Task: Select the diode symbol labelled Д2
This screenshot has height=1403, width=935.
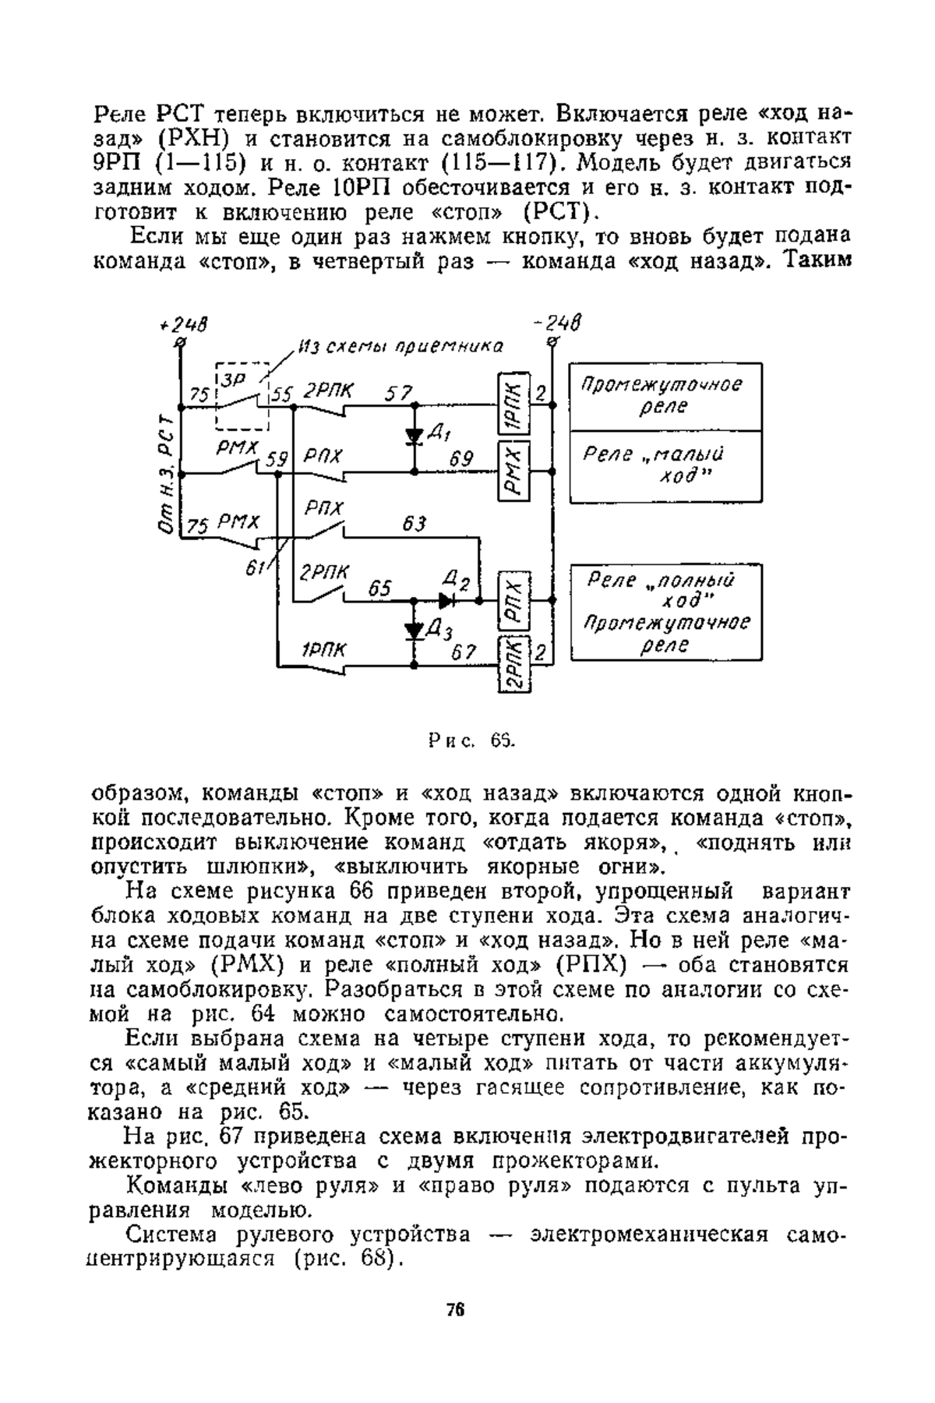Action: pyautogui.click(x=446, y=601)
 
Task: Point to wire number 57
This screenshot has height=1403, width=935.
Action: pyautogui.click(x=400, y=394)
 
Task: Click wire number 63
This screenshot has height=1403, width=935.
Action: pyautogui.click(x=415, y=524)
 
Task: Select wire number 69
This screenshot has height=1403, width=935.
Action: pyautogui.click(x=461, y=460)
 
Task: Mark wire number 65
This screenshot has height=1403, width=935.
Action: pyautogui.click(x=379, y=589)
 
